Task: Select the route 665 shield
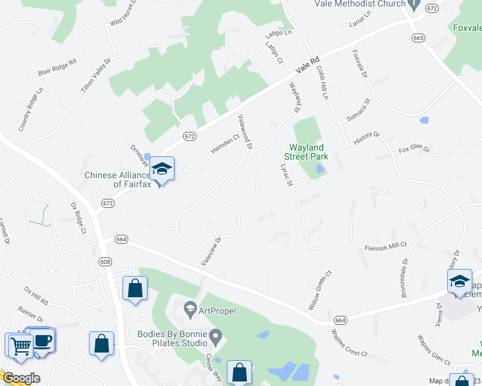click(x=419, y=38)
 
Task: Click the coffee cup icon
click(x=43, y=341)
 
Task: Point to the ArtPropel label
click(x=217, y=311)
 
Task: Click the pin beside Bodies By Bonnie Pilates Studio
click(x=217, y=335)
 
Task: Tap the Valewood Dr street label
click(x=245, y=132)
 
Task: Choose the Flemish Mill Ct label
click(x=387, y=244)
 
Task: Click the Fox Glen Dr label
click(x=414, y=150)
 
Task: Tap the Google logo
click(x=21, y=378)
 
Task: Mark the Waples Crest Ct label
click(x=349, y=343)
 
